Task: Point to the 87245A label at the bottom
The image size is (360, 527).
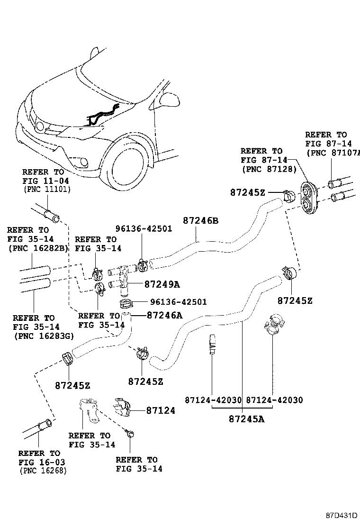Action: click(246, 418)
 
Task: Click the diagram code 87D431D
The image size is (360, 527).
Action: click(341, 515)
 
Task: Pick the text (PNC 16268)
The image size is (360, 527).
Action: click(43, 471)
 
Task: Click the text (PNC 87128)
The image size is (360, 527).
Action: click(269, 169)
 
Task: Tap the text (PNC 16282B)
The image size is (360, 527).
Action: click(38, 248)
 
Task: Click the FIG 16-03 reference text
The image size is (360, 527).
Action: click(42, 462)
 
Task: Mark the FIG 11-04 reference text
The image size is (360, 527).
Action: click(45, 181)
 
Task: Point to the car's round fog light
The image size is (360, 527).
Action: click(84, 163)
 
